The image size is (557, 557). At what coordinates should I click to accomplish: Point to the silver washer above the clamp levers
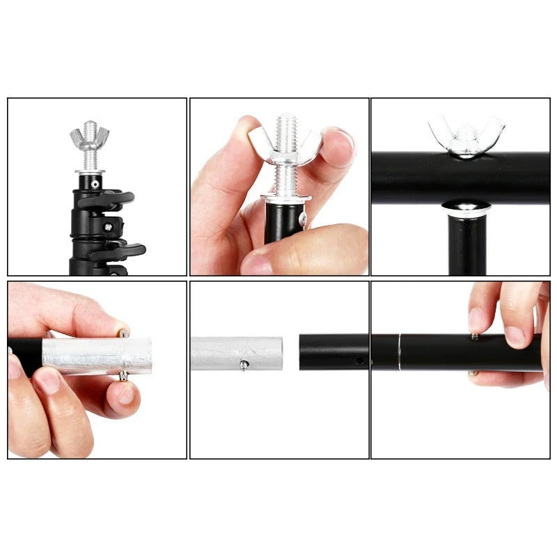(x=90, y=171)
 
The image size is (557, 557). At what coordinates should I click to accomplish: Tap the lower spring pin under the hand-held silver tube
(x=123, y=376)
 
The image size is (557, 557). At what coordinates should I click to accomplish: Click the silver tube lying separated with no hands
(x=237, y=353)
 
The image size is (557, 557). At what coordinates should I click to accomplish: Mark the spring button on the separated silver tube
(x=244, y=365)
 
